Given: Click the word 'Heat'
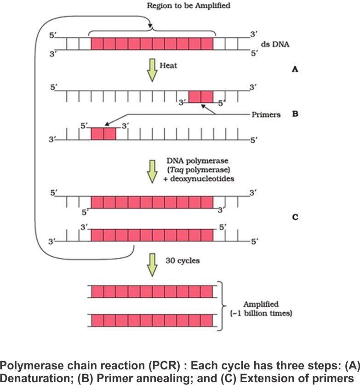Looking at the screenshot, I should pyautogui.click(x=168, y=66).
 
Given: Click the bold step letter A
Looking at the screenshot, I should pyautogui.click(x=295, y=69).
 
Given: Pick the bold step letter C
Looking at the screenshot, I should pyautogui.click(x=295, y=217).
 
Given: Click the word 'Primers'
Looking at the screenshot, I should pyautogui.click(x=266, y=114).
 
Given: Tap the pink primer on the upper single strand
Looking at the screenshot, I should pyautogui.click(x=201, y=96).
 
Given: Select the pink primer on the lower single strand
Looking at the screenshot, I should pyautogui.click(x=103, y=134).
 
